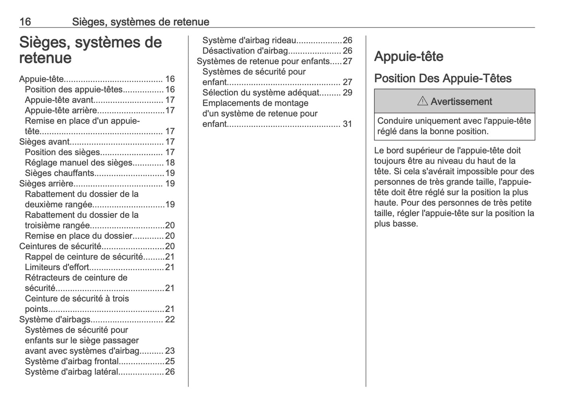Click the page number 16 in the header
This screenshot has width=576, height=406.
pyautogui.click(x=25, y=22)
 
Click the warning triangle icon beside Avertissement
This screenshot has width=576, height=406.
pyautogui.click(x=422, y=101)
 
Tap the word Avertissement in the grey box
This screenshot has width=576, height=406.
pyautogui.click(x=461, y=102)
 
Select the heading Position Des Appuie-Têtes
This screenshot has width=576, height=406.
pyautogui.click(x=442, y=78)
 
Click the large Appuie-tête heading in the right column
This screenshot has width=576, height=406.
pyautogui.click(x=409, y=56)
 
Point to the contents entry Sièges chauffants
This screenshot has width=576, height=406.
pyautogui.click(x=59, y=173)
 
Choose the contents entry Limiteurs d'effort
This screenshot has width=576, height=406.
pyautogui.click(x=57, y=267)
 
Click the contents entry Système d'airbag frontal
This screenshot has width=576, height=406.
pyautogui.click(x=72, y=361)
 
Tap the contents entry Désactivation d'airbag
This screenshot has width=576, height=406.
pyautogui.click(x=245, y=51)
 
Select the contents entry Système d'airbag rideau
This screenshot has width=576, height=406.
pyautogui.click(x=249, y=40)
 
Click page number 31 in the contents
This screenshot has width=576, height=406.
pyautogui.click(x=347, y=124)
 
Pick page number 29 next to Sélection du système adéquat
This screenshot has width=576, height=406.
pyautogui.click(x=347, y=93)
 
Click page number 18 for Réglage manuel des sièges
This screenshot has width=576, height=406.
pyautogui.click(x=170, y=163)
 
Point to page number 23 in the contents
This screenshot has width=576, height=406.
pyautogui.click(x=170, y=351)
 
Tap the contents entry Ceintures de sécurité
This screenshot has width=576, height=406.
pyautogui.click(x=60, y=246)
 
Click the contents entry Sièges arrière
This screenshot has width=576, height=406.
pyautogui.click(x=46, y=183)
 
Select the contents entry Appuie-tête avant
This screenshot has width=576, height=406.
pyautogui.click(x=59, y=100)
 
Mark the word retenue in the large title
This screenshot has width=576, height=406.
pyautogui.click(x=45, y=58)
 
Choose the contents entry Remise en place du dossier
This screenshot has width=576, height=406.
pyautogui.click(x=79, y=236)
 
